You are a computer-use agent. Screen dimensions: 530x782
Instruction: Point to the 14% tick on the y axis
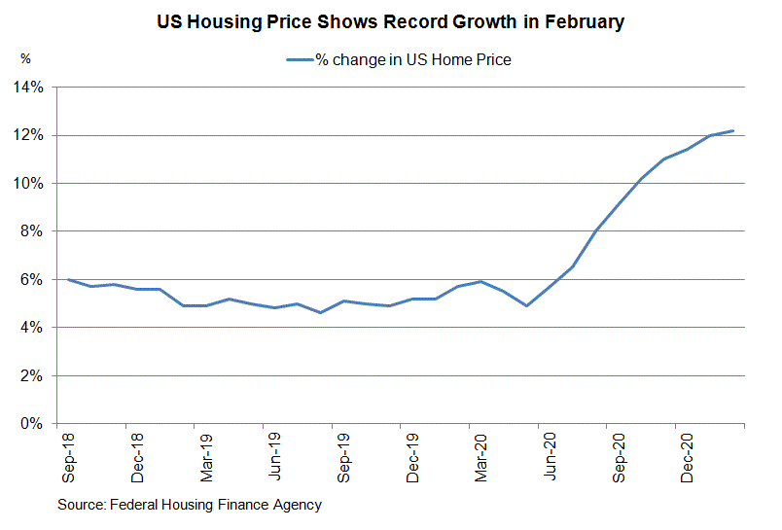[x=29, y=88]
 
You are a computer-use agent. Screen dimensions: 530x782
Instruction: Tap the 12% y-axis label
[x=29, y=135]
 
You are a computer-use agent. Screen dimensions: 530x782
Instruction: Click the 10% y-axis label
[x=29, y=184]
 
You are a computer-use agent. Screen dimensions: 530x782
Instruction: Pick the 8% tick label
[x=32, y=231]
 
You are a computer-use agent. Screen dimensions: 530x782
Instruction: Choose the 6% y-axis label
[x=32, y=280]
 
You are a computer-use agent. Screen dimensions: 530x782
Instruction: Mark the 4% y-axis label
[x=32, y=328]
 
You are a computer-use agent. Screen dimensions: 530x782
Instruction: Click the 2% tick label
[x=32, y=376]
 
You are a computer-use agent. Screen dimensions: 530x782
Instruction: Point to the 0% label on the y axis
[x=32, y=424]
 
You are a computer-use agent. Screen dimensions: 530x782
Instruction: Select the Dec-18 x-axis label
[x=137, y=457]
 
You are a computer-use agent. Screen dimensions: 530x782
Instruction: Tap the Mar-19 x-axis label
[x=206, y=457]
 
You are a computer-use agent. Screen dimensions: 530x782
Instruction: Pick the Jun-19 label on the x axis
[x=275, y=457]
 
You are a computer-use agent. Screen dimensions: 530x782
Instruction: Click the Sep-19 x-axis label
[x=344, y=457]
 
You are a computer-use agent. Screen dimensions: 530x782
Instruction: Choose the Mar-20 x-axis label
[x=481, y=457]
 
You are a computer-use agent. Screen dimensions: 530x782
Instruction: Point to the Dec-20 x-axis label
[x=688, y=457]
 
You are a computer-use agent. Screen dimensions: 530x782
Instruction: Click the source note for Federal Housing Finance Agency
[x=189, y=505]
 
